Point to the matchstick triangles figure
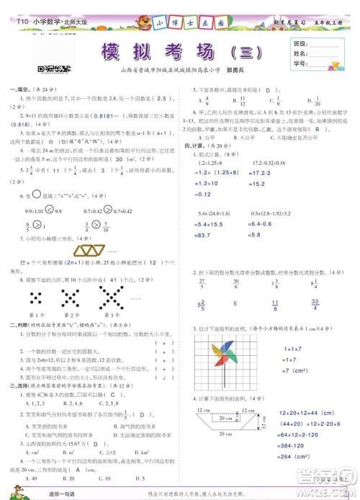[90, 249]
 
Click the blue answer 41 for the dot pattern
[105, 279]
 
